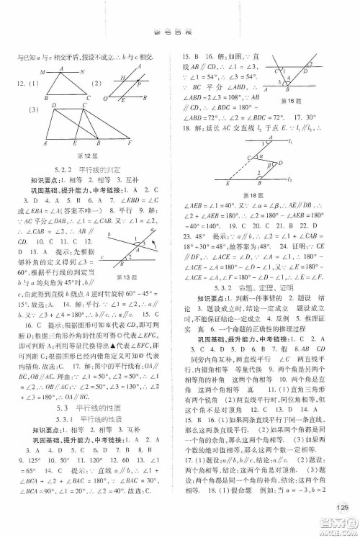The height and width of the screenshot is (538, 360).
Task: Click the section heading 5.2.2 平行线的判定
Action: pyautogui.click(x=94, y=168)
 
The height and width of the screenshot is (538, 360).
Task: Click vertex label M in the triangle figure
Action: pyautogui.click(x=43, y=71)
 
